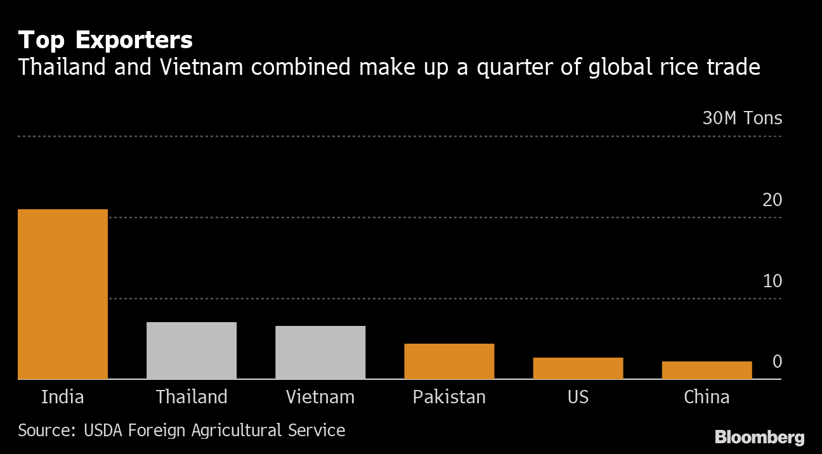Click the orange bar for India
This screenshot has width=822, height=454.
pyautogui.click(x=63, y=294)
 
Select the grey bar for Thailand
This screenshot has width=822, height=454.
pyautogui.click(x=192, y=351)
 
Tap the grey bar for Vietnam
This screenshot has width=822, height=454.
pyautogui.click(x=320, y=353)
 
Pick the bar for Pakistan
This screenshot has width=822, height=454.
pyautogui.click(x=449, y=361)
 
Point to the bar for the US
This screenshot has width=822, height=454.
pyautogui.click(x=578, y=368)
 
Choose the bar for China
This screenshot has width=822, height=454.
pyautogui.click(x=707, y=370)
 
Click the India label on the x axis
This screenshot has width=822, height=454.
pyautogui.click(x=63, y=398)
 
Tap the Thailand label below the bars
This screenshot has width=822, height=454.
pyautogui.click(x=192, y=398)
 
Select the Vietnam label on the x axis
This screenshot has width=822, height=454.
pyautogui.click(x=320, y=398)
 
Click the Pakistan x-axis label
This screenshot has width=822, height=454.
pyautogui.click(x=449, y=398)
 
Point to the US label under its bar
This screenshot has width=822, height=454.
pyautogui.click(x=578, y=398)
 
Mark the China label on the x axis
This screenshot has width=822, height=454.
pyautogui.click(x=707, y=398)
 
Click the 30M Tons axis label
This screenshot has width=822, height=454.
pyautogui.click(x=742, y=119)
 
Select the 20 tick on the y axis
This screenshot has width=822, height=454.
pyautogui.click(x=773, y=200)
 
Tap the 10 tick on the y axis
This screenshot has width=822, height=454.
pyautogui.click(x=773, y=281)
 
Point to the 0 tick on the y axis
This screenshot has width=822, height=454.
pyautogui.click(x=777, y=362)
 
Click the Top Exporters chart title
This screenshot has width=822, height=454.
pyautogui.click(x=105, y=41)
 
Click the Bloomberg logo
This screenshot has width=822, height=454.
pyautogui.click(x=759, y=438)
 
